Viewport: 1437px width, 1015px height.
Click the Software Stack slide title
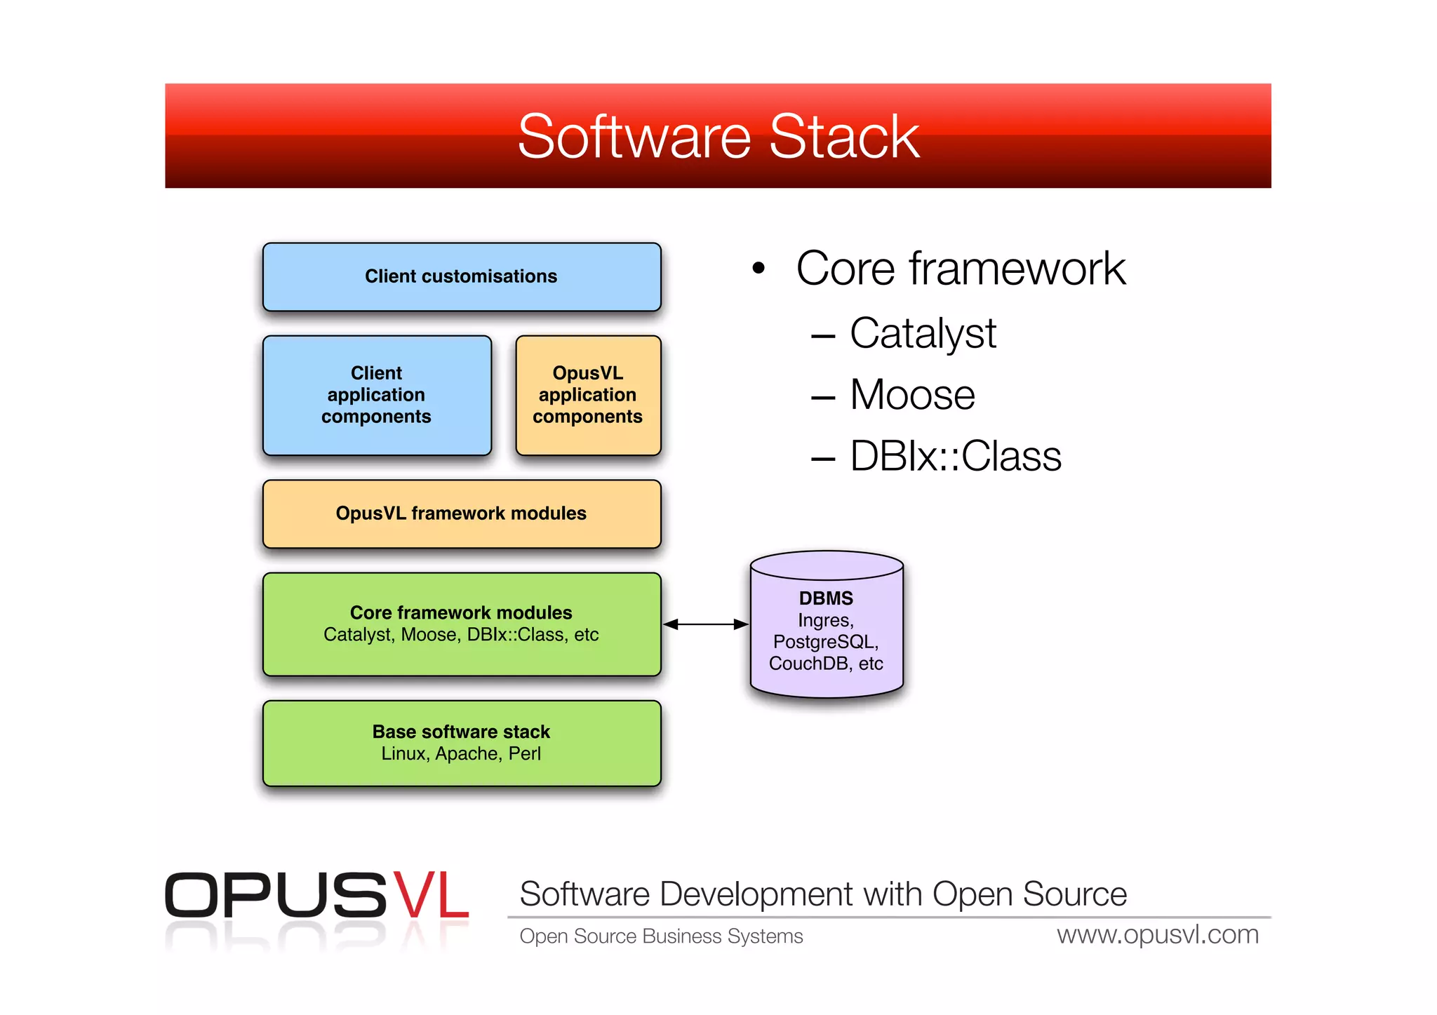click(x=718, y=137)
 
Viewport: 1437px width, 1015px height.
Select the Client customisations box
click(x=461, y=276)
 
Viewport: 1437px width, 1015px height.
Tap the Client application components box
click(x=377, y=395)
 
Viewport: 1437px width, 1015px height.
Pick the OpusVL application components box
click(x=588, y=395)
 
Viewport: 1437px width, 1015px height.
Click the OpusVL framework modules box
click(x=461, y=513)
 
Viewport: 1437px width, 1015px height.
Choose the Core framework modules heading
click(x=461, y=612)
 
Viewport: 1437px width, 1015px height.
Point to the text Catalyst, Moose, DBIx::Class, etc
click(x=461, y=635)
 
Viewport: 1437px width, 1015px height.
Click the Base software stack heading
click(x=461, y=732)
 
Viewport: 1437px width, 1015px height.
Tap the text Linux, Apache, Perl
click(x=461, y=754)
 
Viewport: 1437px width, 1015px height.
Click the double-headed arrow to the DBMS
click(x=705, y=624)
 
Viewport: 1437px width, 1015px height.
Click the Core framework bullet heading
click(x=960, y=269)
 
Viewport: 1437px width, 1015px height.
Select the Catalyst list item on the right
click(x=922, y=333)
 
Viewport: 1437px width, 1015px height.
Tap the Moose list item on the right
click(x=911, y=395)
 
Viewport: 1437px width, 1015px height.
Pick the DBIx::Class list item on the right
click(x=955, y=457)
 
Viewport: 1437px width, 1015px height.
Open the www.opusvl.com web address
click(x=1157, y=935)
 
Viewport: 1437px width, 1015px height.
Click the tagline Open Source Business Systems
click(x=661, y=936)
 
